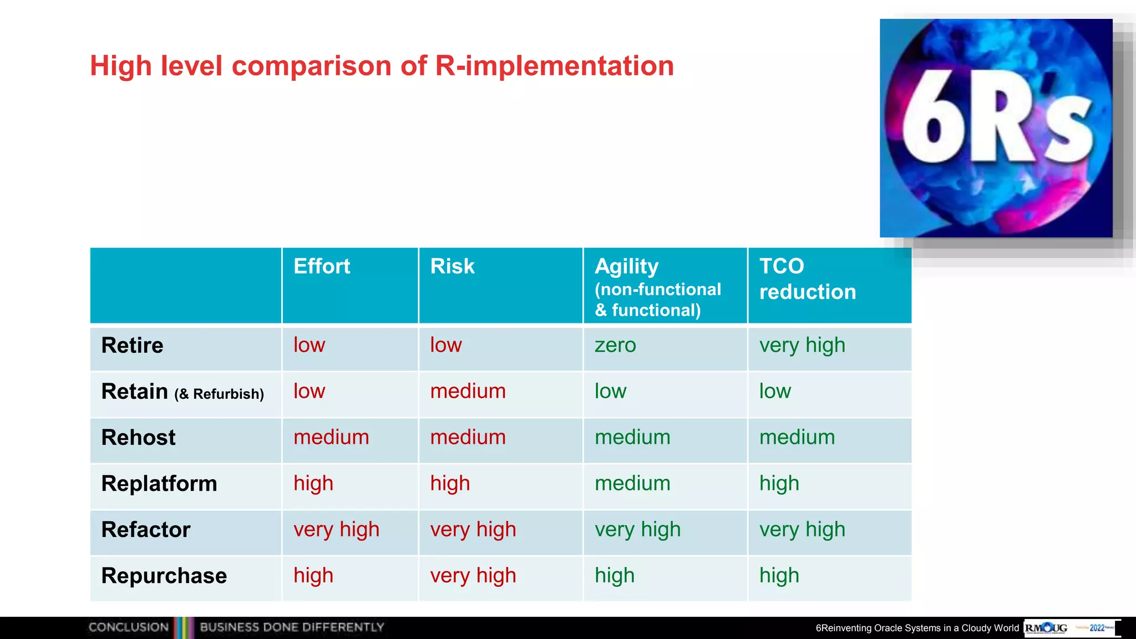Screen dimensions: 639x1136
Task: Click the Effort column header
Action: tap(322, 266)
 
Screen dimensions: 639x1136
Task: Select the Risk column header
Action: tap(452, 266)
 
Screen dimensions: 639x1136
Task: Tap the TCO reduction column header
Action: tap(807, 279)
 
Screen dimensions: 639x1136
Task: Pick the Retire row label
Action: tap(132, 346)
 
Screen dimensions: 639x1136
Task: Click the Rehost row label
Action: tap(138, 438)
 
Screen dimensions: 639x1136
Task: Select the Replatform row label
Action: tap(159, 484)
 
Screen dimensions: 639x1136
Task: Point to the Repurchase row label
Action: tap(164, 576)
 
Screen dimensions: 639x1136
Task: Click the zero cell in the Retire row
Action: tap(615, 346)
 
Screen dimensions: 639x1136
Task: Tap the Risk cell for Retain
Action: tap(468, 392)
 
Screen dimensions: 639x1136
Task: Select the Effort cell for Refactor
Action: tap(336, 530)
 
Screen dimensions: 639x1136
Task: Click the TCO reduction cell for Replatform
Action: tap(779, 484)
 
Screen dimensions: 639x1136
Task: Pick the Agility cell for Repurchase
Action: tap(615, 576)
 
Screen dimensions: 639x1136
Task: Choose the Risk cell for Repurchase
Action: tap(473, 576)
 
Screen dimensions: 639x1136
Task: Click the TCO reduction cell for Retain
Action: tap(775, 392)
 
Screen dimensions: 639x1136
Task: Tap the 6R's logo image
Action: tap(996, 128)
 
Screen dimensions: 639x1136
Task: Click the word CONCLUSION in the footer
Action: tap(129, 627)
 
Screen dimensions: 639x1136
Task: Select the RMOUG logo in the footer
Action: tap(1046, 628)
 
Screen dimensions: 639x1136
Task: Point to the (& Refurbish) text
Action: tap(219, 394)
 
